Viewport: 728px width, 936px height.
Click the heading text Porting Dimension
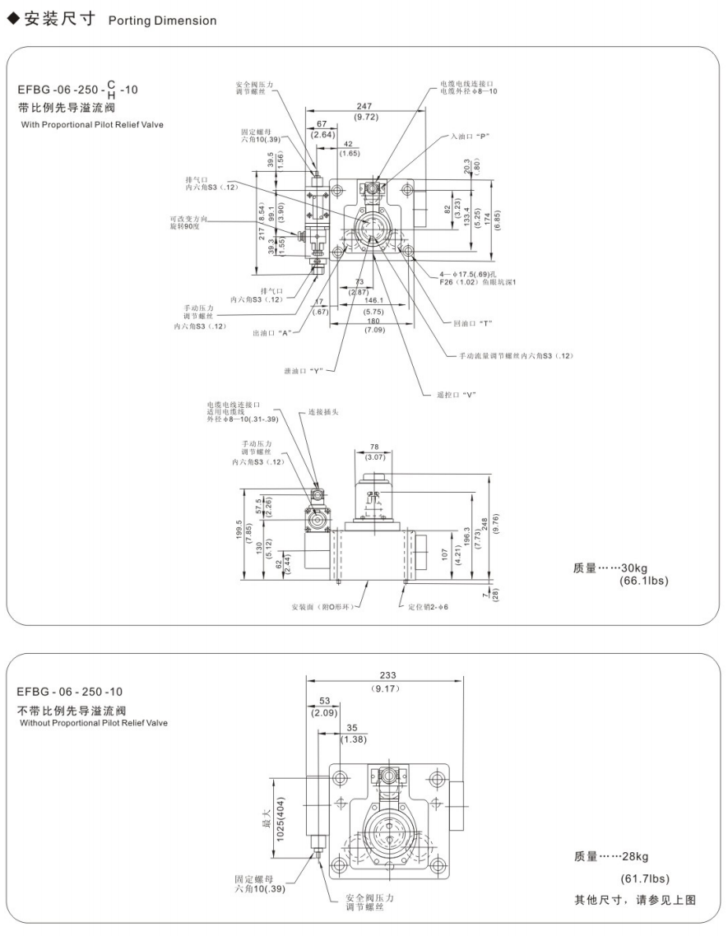[x=162, y=21]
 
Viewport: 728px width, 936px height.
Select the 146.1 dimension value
[x=373, y=300]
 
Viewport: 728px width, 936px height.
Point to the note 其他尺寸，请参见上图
[x=634, y=899]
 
